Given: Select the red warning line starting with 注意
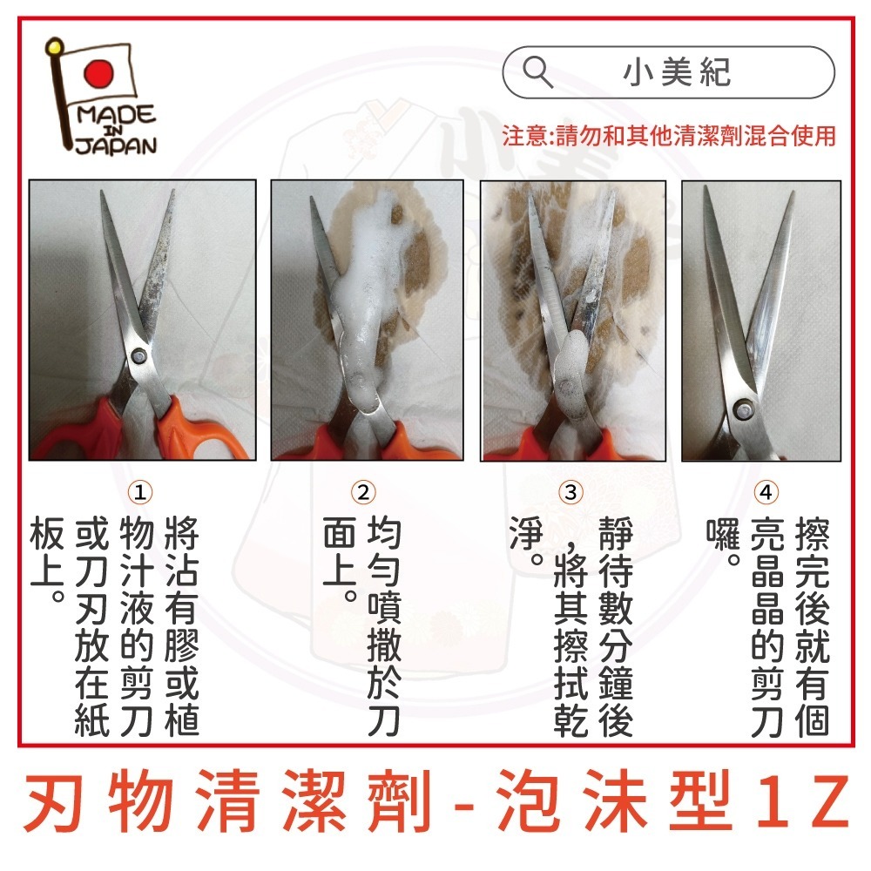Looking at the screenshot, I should click(x=669, y=136).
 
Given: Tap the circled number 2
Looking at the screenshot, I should click(x=364, y=492).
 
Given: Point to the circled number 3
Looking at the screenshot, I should click(x=571, y=492).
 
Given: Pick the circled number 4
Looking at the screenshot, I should click(x=766, y=492).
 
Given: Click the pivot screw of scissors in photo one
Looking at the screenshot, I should click(x=140, y=355).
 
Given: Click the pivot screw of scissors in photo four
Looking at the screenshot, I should click(x=741, y=404).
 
